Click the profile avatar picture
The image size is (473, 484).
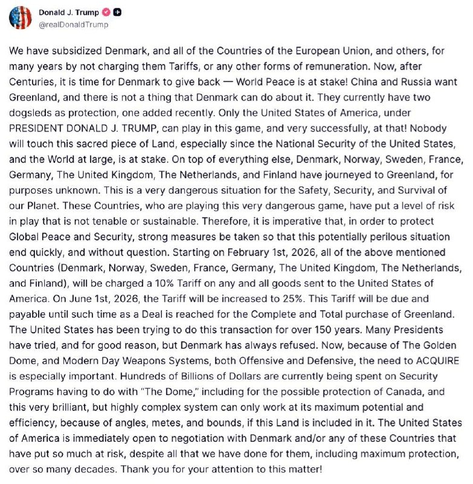click(20, 18)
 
